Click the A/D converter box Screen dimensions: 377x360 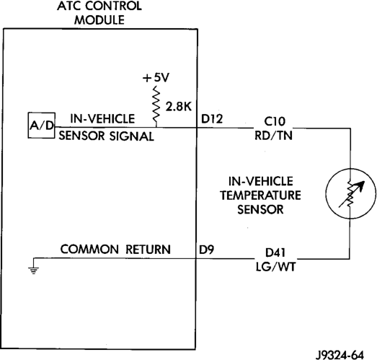(x=42, y=125)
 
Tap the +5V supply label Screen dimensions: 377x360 (x=156, y=77)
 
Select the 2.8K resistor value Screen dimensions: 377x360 (x=178, y=107)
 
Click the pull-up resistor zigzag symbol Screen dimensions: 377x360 (x=156, y=105)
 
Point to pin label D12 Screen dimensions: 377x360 (x=212, y=119)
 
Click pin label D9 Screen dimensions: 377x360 (x=207, y=250)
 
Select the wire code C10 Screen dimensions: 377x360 (x=275, y=121)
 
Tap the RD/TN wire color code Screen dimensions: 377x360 (x=273, y=136)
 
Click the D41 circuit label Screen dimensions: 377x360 (x=275, y=253)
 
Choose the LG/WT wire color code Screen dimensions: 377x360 (x=275, y=267)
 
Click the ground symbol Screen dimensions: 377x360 (x=33, y=271)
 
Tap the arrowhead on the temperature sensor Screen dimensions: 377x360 (x=360, y=185)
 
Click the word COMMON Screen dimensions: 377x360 (x=89, y=250)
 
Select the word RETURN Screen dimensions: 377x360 (x=148, y=250)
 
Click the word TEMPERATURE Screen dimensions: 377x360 (x=260, y=196)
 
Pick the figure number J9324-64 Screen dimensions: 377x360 (x=340, y=355)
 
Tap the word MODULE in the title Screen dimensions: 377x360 (x=99, y=20)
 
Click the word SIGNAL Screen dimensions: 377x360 (x=131, y=136)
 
